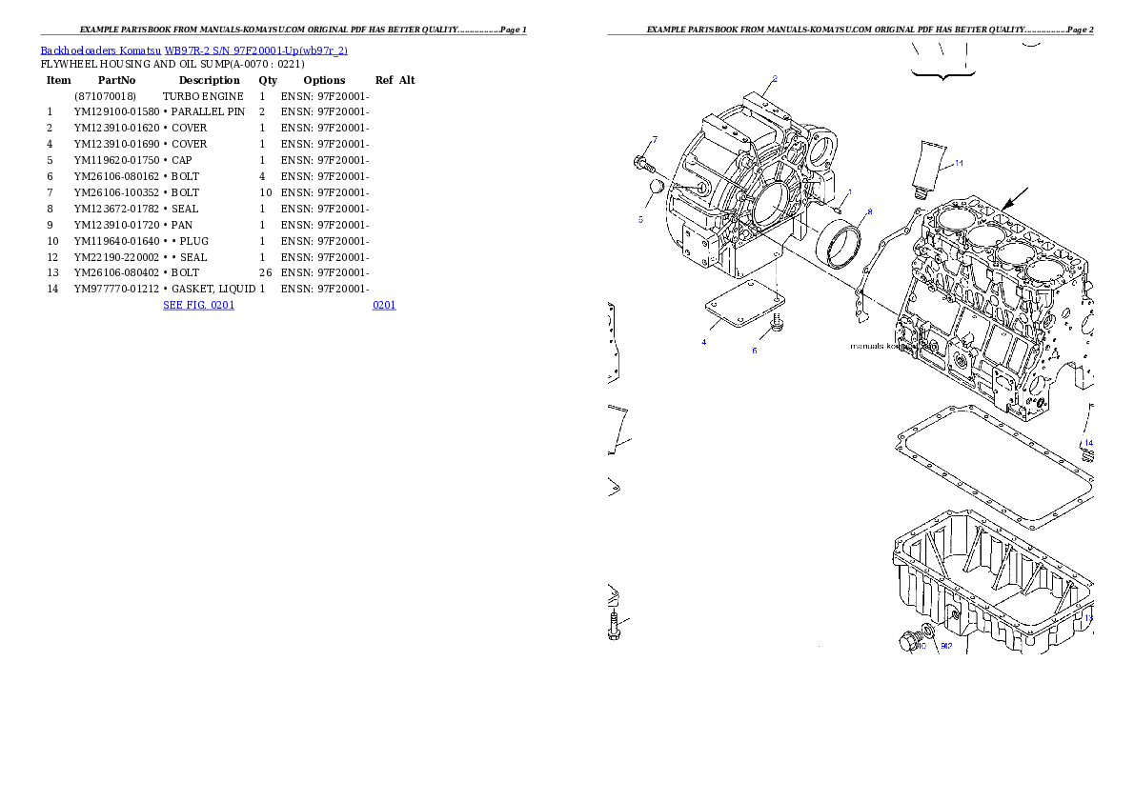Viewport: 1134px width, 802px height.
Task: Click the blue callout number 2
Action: pyautogui.click(x=775, y=79)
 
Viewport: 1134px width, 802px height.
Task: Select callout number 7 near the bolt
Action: pyautogui.click(x=655, y=140)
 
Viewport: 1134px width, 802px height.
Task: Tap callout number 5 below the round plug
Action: pyautogui.click(x=640, y=219)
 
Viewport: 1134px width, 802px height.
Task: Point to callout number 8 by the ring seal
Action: pyautogui.click(x=869, y=212)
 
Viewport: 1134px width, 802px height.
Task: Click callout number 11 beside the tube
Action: pyautogui.click(x=959, y=163)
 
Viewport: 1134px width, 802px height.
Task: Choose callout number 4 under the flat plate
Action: pyautogui.click(x=704, y=341)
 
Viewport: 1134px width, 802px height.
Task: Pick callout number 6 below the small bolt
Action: pyautogui.click(x=755, y=351)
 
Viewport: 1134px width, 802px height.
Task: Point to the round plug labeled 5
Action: pyautogui.click(x=655, y=190)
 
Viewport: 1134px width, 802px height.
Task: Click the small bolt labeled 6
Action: pyautogui.click(x=778, y=323)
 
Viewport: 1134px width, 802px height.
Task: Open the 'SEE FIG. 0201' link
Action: pyautogui.click(x=198, y=305)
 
